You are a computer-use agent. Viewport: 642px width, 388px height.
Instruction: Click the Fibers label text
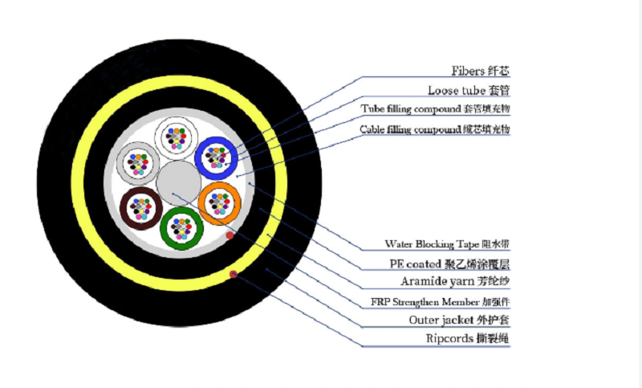480,71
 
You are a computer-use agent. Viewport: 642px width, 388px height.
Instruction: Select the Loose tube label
469,90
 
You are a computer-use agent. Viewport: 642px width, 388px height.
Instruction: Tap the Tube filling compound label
435,109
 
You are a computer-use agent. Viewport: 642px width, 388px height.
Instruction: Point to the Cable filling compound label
435,129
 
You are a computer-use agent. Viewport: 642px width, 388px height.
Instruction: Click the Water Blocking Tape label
447,244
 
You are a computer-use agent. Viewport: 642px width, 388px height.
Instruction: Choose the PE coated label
449,264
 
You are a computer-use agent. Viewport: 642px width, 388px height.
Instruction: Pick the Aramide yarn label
455,281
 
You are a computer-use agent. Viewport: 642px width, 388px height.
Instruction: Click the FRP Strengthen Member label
440,302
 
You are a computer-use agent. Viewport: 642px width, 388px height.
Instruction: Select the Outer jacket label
459,320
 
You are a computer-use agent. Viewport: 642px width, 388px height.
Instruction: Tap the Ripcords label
468,338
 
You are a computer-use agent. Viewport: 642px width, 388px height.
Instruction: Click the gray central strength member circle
178,182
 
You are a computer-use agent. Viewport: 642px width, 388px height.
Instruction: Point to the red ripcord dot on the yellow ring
234,274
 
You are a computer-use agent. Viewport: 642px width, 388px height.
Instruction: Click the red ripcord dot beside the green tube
230,235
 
